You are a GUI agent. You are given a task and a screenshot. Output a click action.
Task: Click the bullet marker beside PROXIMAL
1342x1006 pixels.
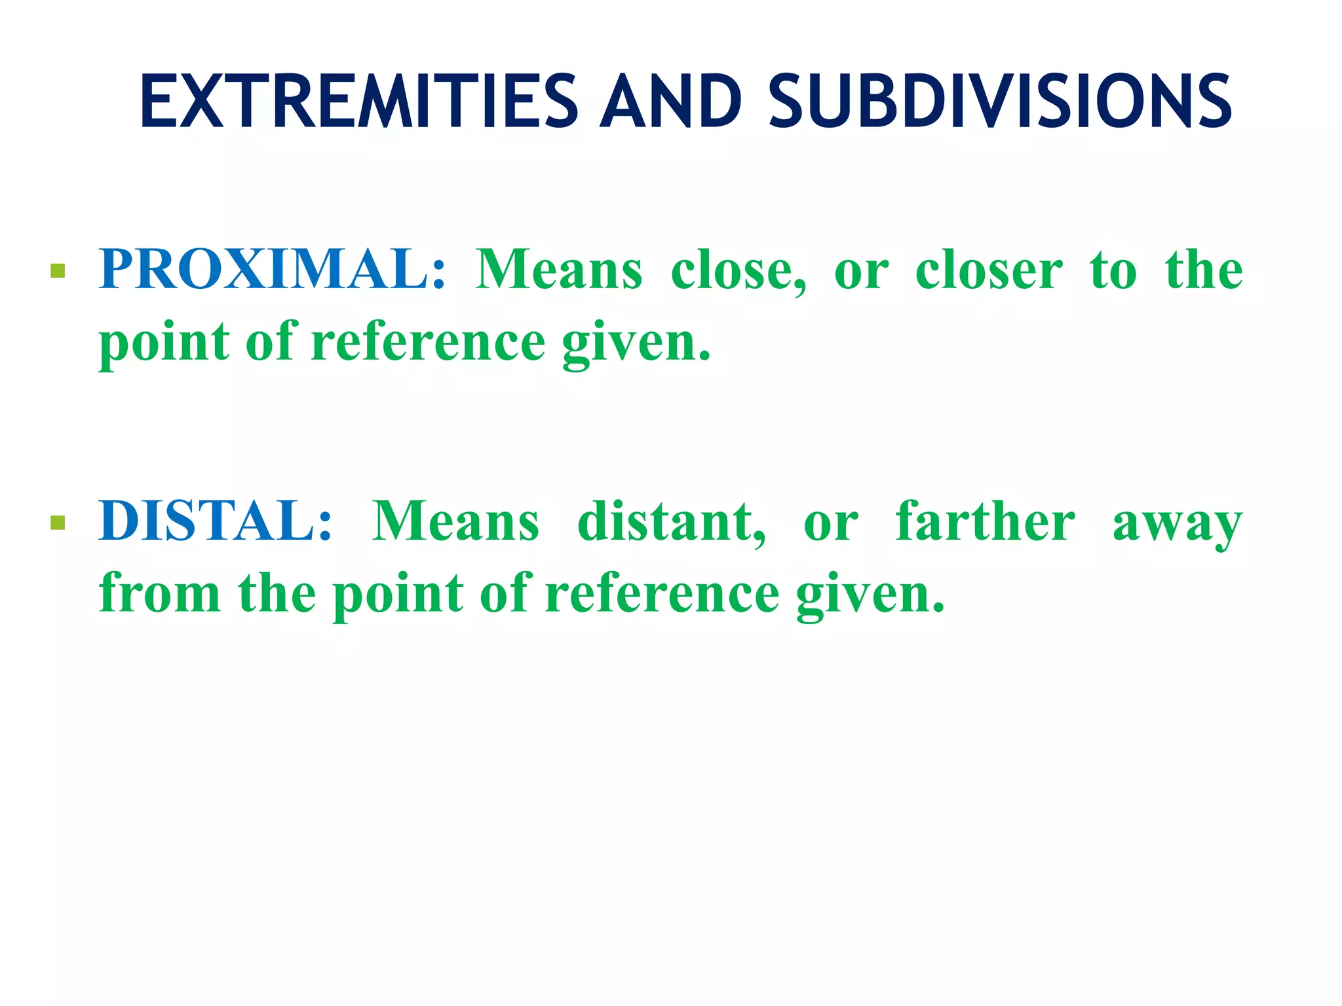click(58, 271)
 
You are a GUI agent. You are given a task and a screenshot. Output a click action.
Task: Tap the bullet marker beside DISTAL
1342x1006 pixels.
click(58, 523)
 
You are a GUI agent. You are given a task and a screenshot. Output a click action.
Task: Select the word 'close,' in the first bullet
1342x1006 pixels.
click(738, 270)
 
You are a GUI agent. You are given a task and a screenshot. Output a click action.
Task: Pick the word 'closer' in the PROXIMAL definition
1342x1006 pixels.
click(989, 270)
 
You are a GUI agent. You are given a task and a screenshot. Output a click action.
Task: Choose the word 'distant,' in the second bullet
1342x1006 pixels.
click(672, 522)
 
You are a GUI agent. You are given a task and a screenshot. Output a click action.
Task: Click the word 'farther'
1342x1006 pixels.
click(986, 521)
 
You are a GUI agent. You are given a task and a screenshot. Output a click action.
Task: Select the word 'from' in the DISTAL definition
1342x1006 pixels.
click(160, 593)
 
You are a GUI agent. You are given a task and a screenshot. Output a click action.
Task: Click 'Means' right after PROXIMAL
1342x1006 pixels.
click(559, 269)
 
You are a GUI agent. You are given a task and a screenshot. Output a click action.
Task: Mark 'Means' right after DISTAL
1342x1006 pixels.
click(456, 521)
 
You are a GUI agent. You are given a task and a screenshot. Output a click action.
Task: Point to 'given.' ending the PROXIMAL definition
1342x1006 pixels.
click(636, 343)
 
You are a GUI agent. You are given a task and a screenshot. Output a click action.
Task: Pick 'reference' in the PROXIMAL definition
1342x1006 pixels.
click(428, 343)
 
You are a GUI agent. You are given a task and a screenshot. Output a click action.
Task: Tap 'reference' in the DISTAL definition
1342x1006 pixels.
click(662, 593)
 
